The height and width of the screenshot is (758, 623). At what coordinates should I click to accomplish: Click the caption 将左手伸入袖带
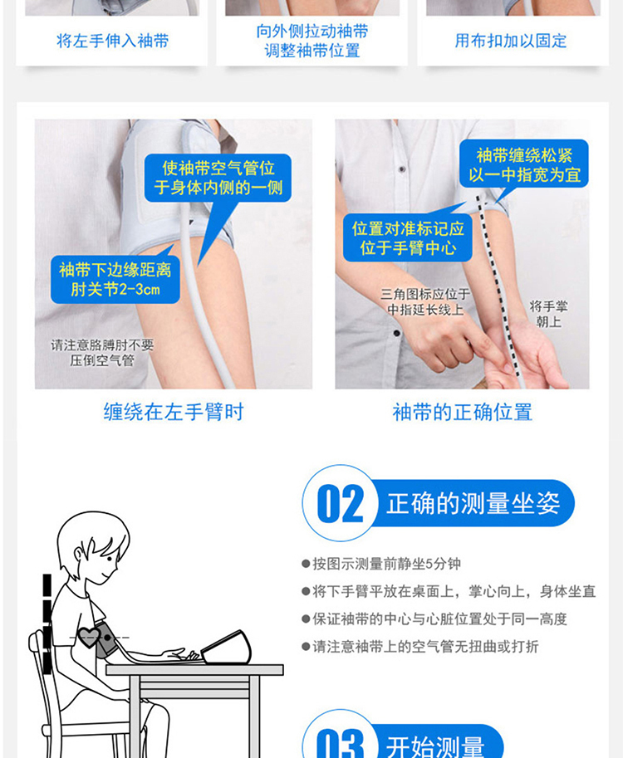pyautogui.click(x=112, y=41)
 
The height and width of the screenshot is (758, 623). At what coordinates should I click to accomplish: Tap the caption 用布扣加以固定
pyautogui.click(x=511, y=41)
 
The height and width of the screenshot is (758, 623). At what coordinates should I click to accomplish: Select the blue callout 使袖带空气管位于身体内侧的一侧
pyautogui.click(x=218, y=178)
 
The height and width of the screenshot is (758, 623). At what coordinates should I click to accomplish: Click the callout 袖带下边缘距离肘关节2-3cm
pyautogui.click(x=115, y=280)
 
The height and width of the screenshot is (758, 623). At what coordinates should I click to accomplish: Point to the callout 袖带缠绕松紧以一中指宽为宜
pyautogui.click(x=524, y=164)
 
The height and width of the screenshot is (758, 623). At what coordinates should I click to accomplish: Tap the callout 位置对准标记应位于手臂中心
pyautogui.click(x=408, y=237)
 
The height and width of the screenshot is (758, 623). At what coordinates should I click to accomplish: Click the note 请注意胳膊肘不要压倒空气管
pyautogui.click(x=102, y=352)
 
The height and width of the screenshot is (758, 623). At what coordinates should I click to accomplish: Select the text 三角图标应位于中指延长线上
pyautogui.click(x=425, y=301)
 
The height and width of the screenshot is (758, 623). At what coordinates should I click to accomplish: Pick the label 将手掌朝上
pyautogui.click(x=548, y=314)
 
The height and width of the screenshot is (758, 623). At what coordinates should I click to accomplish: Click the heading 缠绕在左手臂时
pyautogui.click(x=174, y=413)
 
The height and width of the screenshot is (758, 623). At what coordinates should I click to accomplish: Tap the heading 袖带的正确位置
pyautogui.click(x=463, y=413)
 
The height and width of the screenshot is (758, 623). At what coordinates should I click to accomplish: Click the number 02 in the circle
pyautogui.click(x=341, y=504)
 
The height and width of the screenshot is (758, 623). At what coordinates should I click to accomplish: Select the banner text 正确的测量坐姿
pyautogui.click(x=473, y=503)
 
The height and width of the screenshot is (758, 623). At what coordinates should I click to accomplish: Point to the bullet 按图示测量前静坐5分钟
pyautogui.click(x=381, y=564)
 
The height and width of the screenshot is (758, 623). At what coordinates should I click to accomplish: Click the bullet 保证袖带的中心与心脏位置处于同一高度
pyautogui.click(x=434, y=619)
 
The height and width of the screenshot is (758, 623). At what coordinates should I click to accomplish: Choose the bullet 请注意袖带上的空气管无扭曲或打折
pyautogui.click(x=419, y=646)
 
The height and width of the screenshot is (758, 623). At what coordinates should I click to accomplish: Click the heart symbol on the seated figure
pyautogui.click(x=89, y=637)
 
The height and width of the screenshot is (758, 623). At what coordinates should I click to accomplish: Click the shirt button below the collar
pyautogui.click(x=401, y=169)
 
